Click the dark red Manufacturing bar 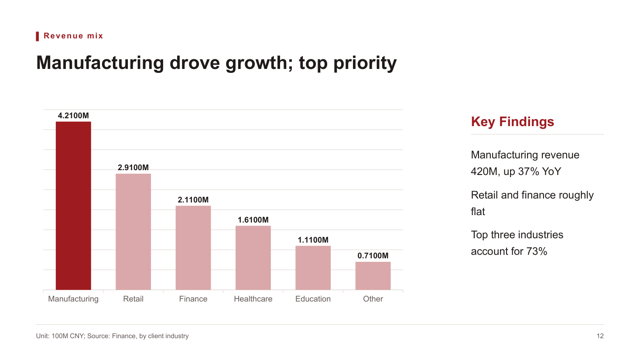click(73, 206)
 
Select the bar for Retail click(133, 232)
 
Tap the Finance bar click(193, 248)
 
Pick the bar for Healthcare click(253, 258)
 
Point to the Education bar click(313, 268)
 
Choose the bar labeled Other click(373, 276)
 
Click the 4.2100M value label click(73, 116)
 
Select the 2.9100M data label click(133, 167)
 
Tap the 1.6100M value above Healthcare click(253, 220)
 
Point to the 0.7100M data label click(373, 256)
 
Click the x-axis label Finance click(193, 299)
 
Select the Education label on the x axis click(313, 299)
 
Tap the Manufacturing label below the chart click(73, 299)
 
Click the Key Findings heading click(512, 122)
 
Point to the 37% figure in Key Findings click(530, 171)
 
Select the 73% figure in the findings click(537, 251)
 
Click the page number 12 click(600, 336)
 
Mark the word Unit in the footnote click(42, 336)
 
